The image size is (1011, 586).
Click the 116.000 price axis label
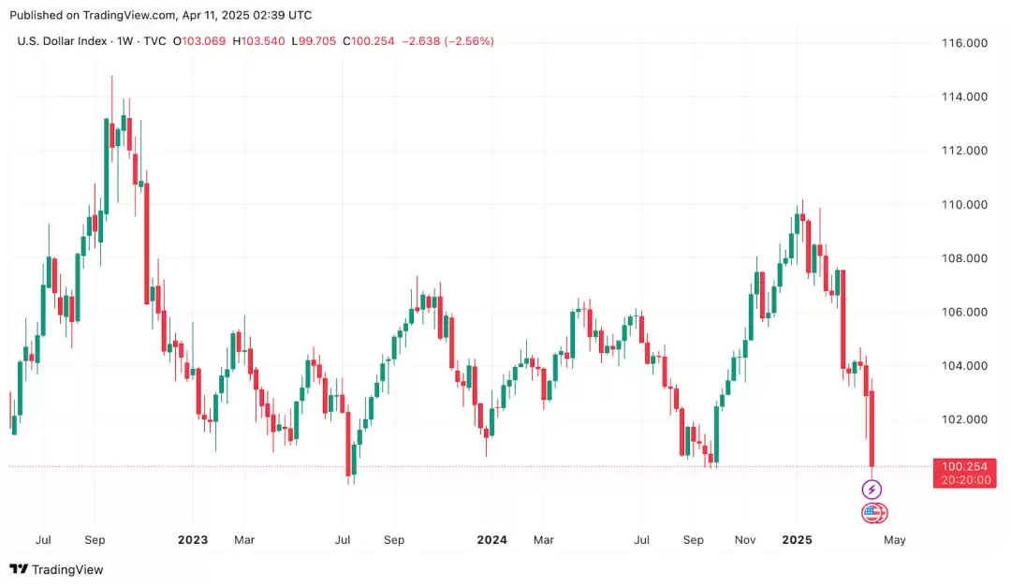point(965,43)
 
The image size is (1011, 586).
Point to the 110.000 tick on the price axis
point(965,204)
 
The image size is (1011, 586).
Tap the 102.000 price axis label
point(965,419)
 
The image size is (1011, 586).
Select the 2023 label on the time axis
point(192,540)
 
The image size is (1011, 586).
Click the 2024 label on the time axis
point(491,540)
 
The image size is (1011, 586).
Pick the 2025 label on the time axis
point(797,540)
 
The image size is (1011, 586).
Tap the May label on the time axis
point(895,540)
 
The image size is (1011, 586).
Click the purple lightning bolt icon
point(872,490)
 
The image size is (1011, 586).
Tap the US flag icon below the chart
point(872,512)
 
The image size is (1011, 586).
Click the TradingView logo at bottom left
point(56,569)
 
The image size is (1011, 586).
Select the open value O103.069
point(199,41)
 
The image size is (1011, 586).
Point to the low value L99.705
point(315,41)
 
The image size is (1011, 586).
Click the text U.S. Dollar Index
point(61,41)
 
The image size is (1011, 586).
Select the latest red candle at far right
point(872,429)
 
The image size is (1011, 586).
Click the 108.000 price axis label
point(965,258)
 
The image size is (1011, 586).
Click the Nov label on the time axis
point(745,540)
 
